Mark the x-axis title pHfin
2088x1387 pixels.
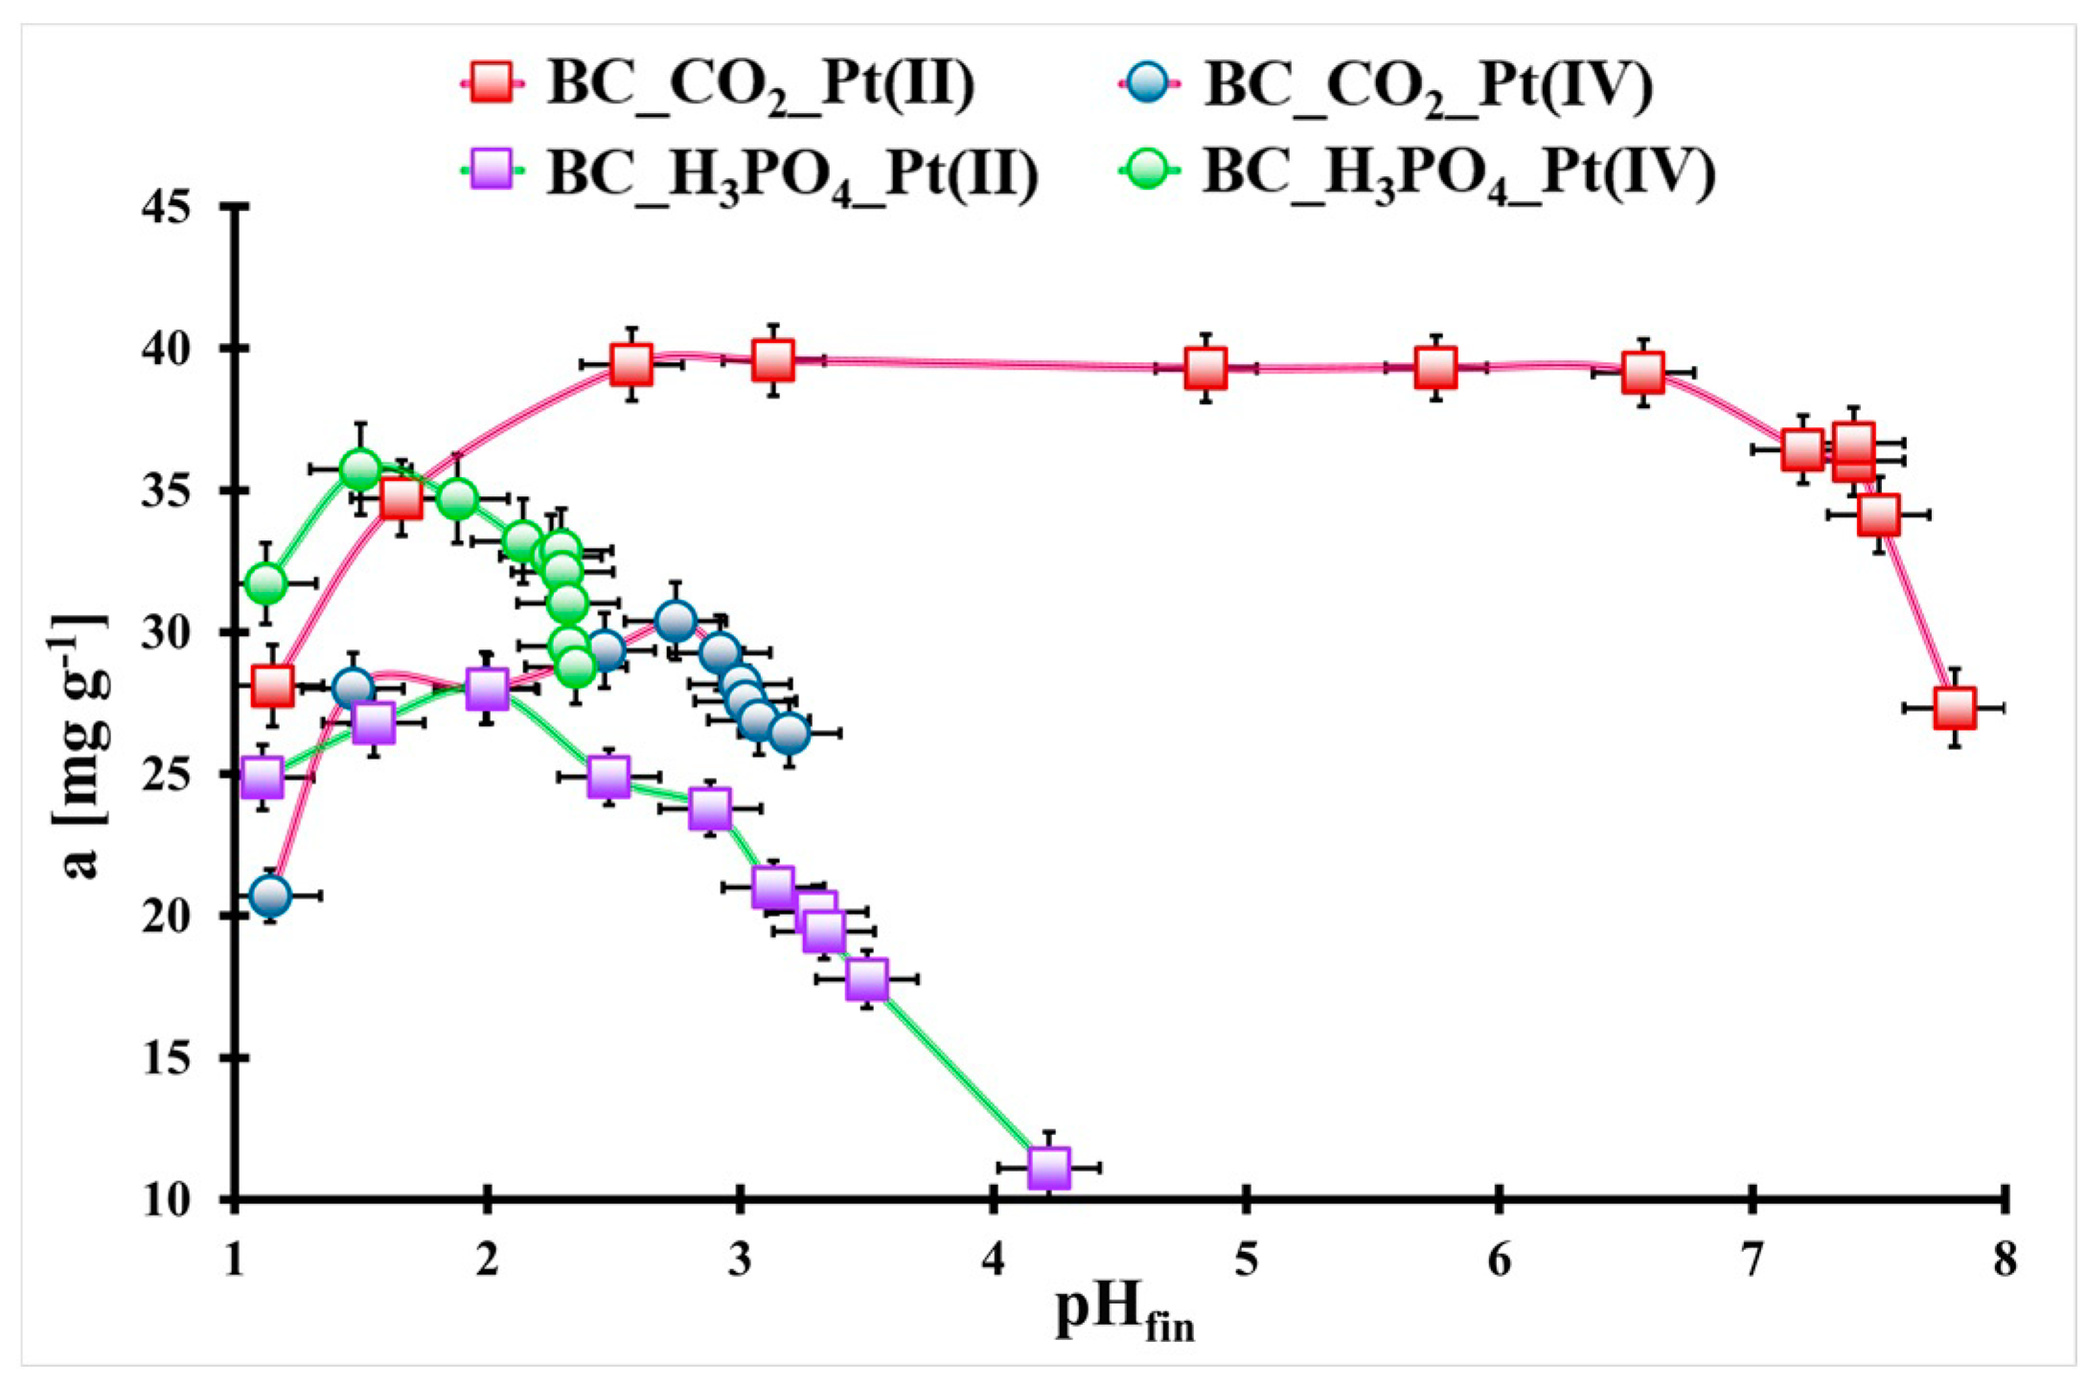[1123, 1315]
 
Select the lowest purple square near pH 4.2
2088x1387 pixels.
[1048, 1168]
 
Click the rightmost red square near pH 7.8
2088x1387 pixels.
[1955, 708]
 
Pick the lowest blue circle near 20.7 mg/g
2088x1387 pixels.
[270, 896]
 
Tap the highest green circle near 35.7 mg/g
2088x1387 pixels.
[360, 469]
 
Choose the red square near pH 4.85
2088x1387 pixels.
[1205, 368]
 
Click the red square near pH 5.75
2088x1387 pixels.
[1435, 367]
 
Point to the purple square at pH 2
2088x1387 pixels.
[487, 689]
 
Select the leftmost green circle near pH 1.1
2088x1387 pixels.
[265, 582]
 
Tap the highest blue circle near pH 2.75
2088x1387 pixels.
[676, 621]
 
